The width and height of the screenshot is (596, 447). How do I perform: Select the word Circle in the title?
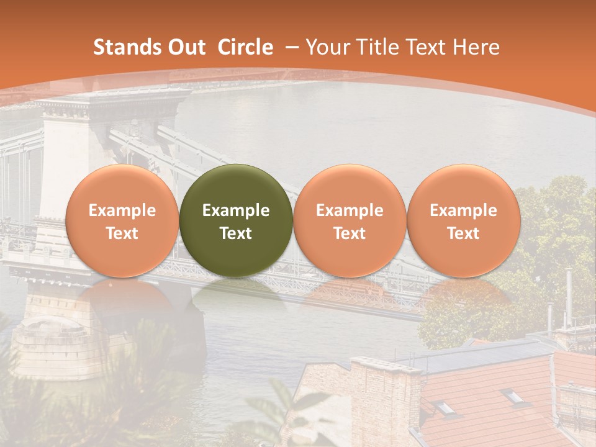coord(245,47)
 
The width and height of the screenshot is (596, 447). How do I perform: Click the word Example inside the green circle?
coord(236,210)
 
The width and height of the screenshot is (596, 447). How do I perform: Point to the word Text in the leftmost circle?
coord(122,233)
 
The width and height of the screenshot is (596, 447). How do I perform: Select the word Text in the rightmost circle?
coord(463,233)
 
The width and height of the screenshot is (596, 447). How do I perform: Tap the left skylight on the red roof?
coord(445,407)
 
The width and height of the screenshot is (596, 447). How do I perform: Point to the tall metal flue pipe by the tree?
coord(568,298)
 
